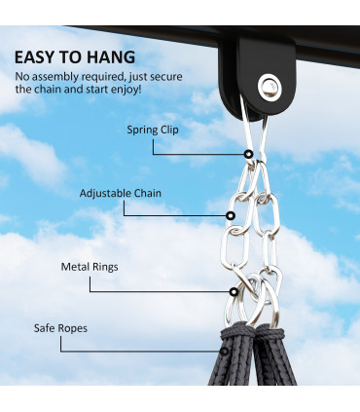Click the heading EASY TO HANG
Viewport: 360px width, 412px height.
coord(75,56)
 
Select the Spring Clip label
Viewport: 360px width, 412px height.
coord(152,129)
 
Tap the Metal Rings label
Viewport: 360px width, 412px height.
coord(90,266)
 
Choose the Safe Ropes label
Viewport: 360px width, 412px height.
coord(60,328)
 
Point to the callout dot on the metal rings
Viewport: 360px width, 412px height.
coord(234,290)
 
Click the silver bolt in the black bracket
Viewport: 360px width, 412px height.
coord(269,90)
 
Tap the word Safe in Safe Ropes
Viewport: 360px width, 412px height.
coord(45,328)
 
